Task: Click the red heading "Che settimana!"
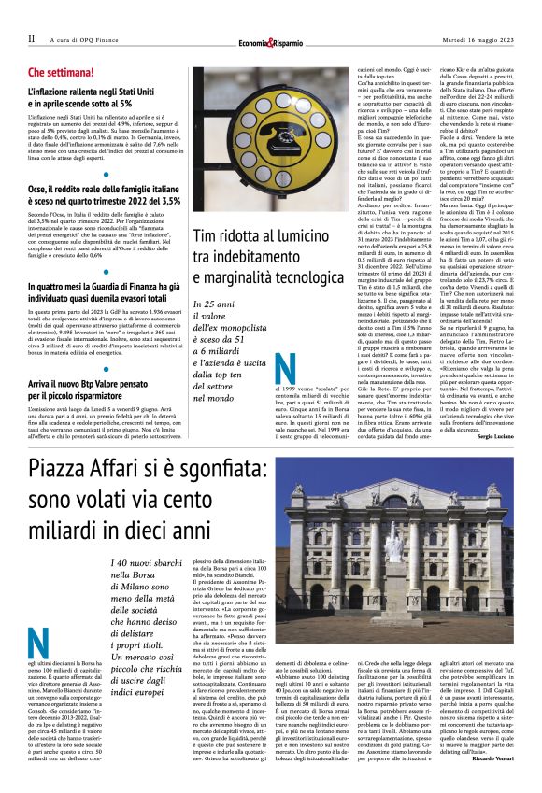click(x=63, y=71)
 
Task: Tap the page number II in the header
click(x=32, y=39)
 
